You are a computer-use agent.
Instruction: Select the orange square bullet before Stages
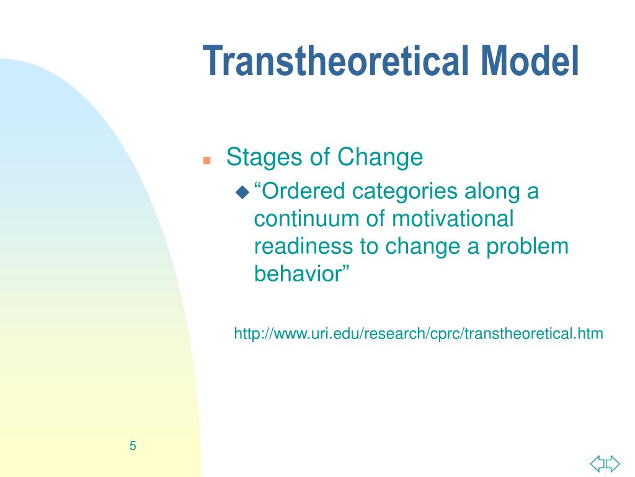click(x=207, y=160)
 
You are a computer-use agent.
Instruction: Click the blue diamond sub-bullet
click(x=242, y=193)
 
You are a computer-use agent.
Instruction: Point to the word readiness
click(x=304, y=246)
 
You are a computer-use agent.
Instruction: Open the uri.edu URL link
click(x=418, y=334)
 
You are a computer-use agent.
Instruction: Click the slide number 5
click(x=133, y=445)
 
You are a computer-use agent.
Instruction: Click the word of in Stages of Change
click(x=320, y=158)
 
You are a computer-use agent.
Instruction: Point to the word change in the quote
click(x=421, y=247)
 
